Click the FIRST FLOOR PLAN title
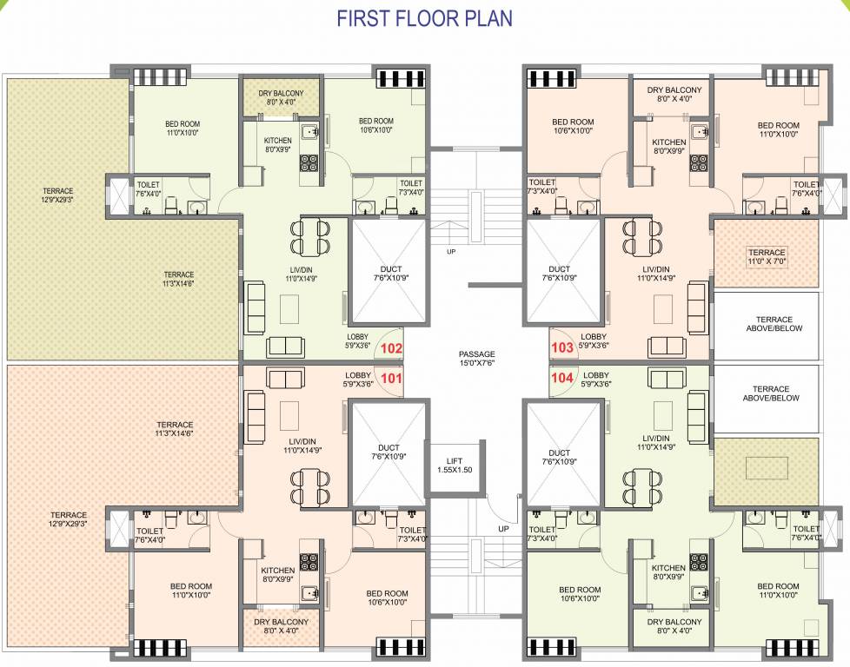[x=424, y=18]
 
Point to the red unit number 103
[x=562, y=348]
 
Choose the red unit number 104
[x=562, y=378]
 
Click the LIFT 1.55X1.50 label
[x=455, y=466]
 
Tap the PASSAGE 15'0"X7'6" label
[x=477, y=359]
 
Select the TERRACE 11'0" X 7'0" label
[x=766, y=258]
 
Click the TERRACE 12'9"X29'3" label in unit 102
[x=57, y=195]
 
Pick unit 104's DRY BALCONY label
[x=674, y=626]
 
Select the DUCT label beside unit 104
[x=560, y=458]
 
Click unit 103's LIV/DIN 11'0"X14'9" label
[x=657, y=274]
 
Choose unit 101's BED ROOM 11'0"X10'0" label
[x=190, y=591]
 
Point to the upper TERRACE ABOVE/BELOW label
[x=774, y=324]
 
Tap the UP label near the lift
[x=503, y=528]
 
